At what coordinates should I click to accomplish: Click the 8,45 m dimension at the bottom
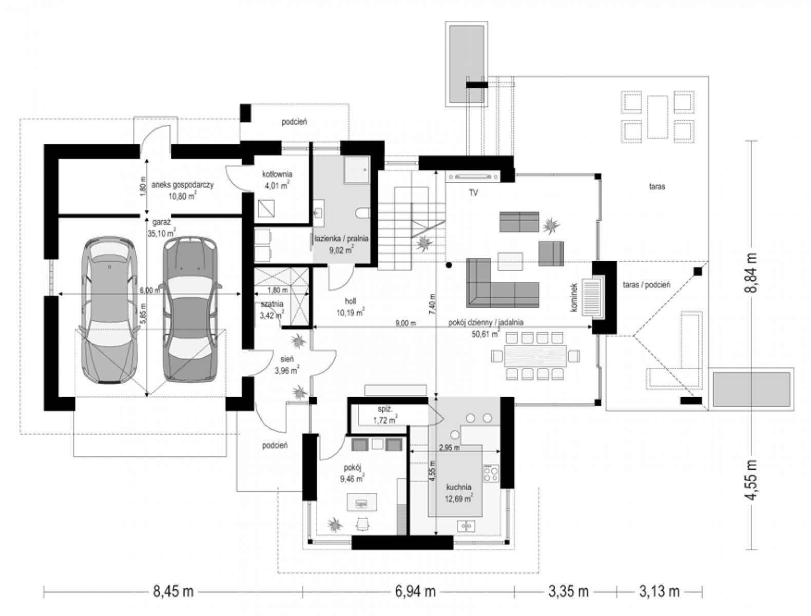pos(173,591)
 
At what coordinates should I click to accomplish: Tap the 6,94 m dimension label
pos(415,591)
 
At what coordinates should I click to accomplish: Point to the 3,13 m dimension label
pos(659,591)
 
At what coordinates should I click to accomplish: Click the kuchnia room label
pos(458,487)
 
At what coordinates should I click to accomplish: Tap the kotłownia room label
pos(277,174)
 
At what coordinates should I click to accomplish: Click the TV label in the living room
pos(473,192)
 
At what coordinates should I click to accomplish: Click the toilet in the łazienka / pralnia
pos(363,214)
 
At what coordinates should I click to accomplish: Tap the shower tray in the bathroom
pos(357,170)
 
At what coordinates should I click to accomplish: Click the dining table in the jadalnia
pos(535,356)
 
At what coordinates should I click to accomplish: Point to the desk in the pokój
pos(362,502)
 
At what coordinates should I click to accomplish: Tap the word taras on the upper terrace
pos(657,187)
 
